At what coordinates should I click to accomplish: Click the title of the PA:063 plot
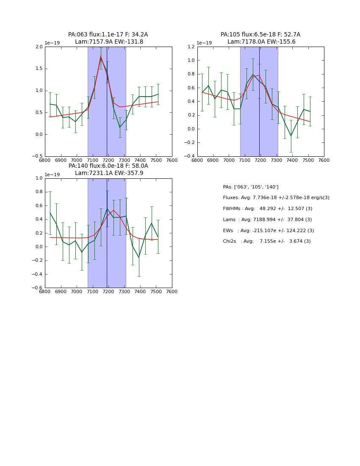point(108,38)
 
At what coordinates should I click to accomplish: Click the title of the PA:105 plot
point(260,38)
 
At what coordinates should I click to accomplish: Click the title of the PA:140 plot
point(108,169)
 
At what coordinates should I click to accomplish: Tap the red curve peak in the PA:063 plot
point(101,56)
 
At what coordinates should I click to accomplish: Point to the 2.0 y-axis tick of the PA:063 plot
point(39,47)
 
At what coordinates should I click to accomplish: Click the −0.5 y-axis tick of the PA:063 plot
point(38,156)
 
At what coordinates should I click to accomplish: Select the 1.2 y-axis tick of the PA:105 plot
point(191,47)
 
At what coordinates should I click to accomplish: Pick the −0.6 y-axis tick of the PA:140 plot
point(38,288)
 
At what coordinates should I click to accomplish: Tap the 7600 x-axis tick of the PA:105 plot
point(324,160)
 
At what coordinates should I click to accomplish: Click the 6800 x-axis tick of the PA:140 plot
point(45,291)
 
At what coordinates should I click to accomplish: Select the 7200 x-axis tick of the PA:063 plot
point(108,160)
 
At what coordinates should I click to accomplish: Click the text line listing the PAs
point(251,187)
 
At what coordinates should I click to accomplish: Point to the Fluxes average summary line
point(276,198)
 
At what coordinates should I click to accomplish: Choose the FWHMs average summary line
point(268,209)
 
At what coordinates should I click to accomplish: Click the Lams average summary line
point(267,220)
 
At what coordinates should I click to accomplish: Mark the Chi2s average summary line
point(267,241)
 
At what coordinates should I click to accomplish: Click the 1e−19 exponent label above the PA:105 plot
point(204,43)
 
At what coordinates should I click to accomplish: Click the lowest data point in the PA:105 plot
point(291,136)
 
